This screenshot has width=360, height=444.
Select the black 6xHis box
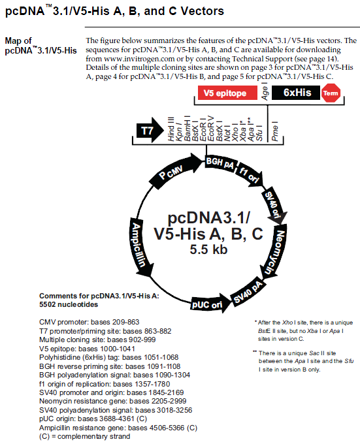point(296,93)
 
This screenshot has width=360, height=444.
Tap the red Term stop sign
point(331,93)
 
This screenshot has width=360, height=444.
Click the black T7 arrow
point(150,131)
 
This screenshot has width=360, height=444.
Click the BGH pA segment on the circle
point(220,163)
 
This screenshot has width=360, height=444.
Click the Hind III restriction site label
point(171,129)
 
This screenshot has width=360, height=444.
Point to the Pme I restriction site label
point(275,131)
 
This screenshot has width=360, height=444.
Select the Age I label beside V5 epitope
point(265,91)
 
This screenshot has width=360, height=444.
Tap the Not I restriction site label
point(227,133)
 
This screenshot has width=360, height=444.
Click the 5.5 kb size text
point(208,249)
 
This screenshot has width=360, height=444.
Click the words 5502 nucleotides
point(69,304)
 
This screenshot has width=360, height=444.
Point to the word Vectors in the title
point(203,11)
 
